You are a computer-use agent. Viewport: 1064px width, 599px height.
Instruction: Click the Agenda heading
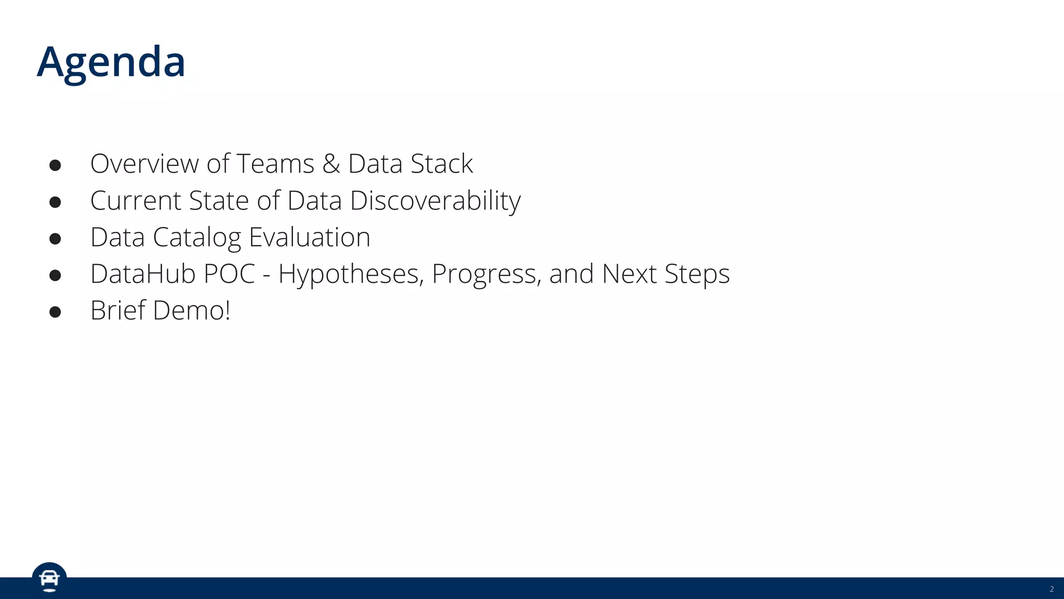[x=111, y=62]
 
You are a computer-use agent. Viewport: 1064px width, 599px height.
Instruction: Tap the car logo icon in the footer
[x=49, y=579]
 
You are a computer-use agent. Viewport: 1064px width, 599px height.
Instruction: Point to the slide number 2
[x=1052, y=589]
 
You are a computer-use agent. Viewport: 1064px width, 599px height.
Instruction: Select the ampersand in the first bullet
[x=331, y=164]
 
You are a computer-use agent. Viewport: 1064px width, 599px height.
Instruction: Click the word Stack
[x=442, y=164]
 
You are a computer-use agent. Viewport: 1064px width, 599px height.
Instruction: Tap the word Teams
[x=275, y=164]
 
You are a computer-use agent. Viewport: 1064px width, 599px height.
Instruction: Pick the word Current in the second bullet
[x=136, y=201]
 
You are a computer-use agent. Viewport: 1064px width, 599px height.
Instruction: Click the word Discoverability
[x=435, y=201]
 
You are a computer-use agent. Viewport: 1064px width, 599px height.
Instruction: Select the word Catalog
[x=197, y=238]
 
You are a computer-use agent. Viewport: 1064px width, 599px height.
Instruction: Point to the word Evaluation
[x=310, y=238]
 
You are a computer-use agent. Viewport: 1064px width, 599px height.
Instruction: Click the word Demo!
[x=191, y=310]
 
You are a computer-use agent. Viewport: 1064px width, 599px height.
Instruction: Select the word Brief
[x=118, y=310]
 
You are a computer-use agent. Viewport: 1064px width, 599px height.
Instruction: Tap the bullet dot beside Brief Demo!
[x=55, y=312]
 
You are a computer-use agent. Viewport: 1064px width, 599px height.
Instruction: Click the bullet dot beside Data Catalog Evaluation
[x=55, y=239]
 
